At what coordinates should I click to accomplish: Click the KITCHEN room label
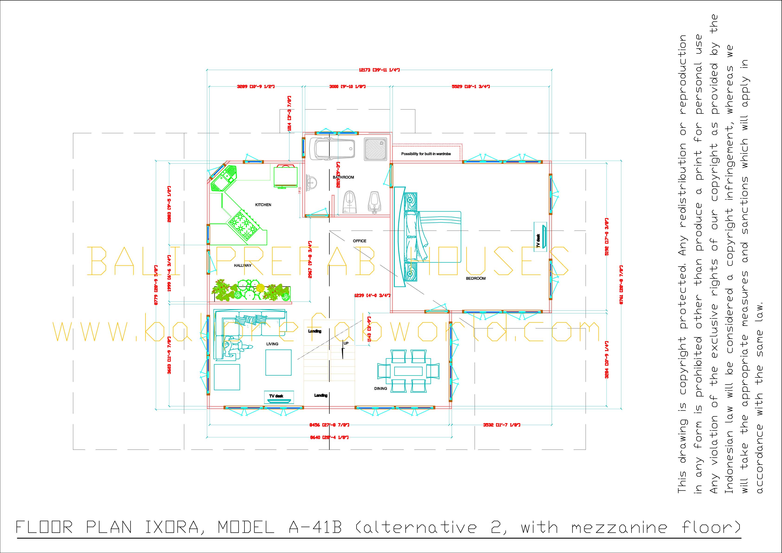(x=263, y=205)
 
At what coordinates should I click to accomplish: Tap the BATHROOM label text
(x=343, y=177)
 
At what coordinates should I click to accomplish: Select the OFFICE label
(x=359, y=241)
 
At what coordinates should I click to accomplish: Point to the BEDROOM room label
(x=476, y=278)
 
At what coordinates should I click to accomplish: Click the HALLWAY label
(x=242, y=265)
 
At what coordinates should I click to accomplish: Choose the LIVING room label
(x=272, y=344)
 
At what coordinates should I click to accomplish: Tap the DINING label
(x=380, y=388)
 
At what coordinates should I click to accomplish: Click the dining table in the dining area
(x=408, y=370)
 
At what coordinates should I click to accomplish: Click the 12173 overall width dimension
(x=379, y=70)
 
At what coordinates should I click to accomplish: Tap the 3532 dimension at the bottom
(x=501, y=425)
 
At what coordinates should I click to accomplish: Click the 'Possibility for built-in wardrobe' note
(x=426, y=154)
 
